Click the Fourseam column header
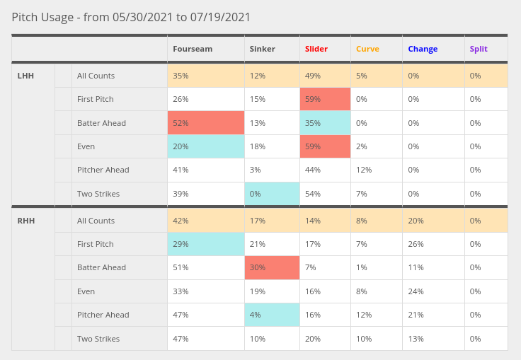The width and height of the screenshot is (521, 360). click(x=193, y=49)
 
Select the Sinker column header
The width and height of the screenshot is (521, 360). click(x=262, y=49)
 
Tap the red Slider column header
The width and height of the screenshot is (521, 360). click(x=316, y=49)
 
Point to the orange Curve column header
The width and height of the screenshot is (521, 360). click(x=367, y=49)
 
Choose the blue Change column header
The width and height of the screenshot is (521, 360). click(x=423, y=49)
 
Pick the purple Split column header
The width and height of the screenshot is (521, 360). click(x=478, y=49)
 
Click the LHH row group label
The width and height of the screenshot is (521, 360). click(x=25, y=76)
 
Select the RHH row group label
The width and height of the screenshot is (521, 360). click(x=25, y=221)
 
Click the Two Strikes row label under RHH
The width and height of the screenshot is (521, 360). click(x=98, y=339)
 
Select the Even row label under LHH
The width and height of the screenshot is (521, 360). click(x=86, y=146)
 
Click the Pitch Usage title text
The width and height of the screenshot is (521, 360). click(x=131, y=17)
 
